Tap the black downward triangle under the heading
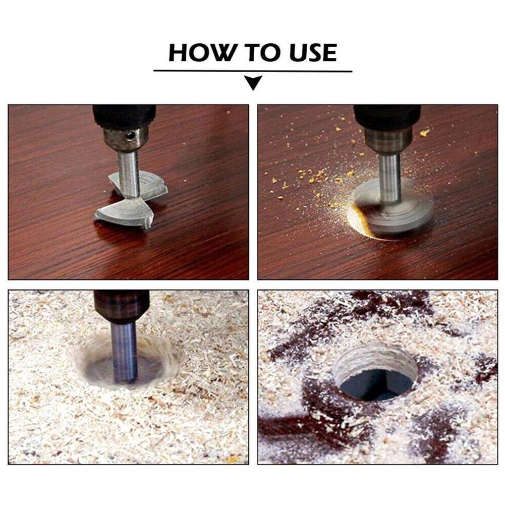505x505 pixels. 253,82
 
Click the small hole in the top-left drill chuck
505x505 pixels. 131,135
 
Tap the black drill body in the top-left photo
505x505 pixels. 124,116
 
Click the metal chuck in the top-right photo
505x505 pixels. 388,139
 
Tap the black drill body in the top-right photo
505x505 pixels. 387,115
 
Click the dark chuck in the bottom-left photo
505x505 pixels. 122,306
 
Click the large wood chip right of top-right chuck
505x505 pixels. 424,133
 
